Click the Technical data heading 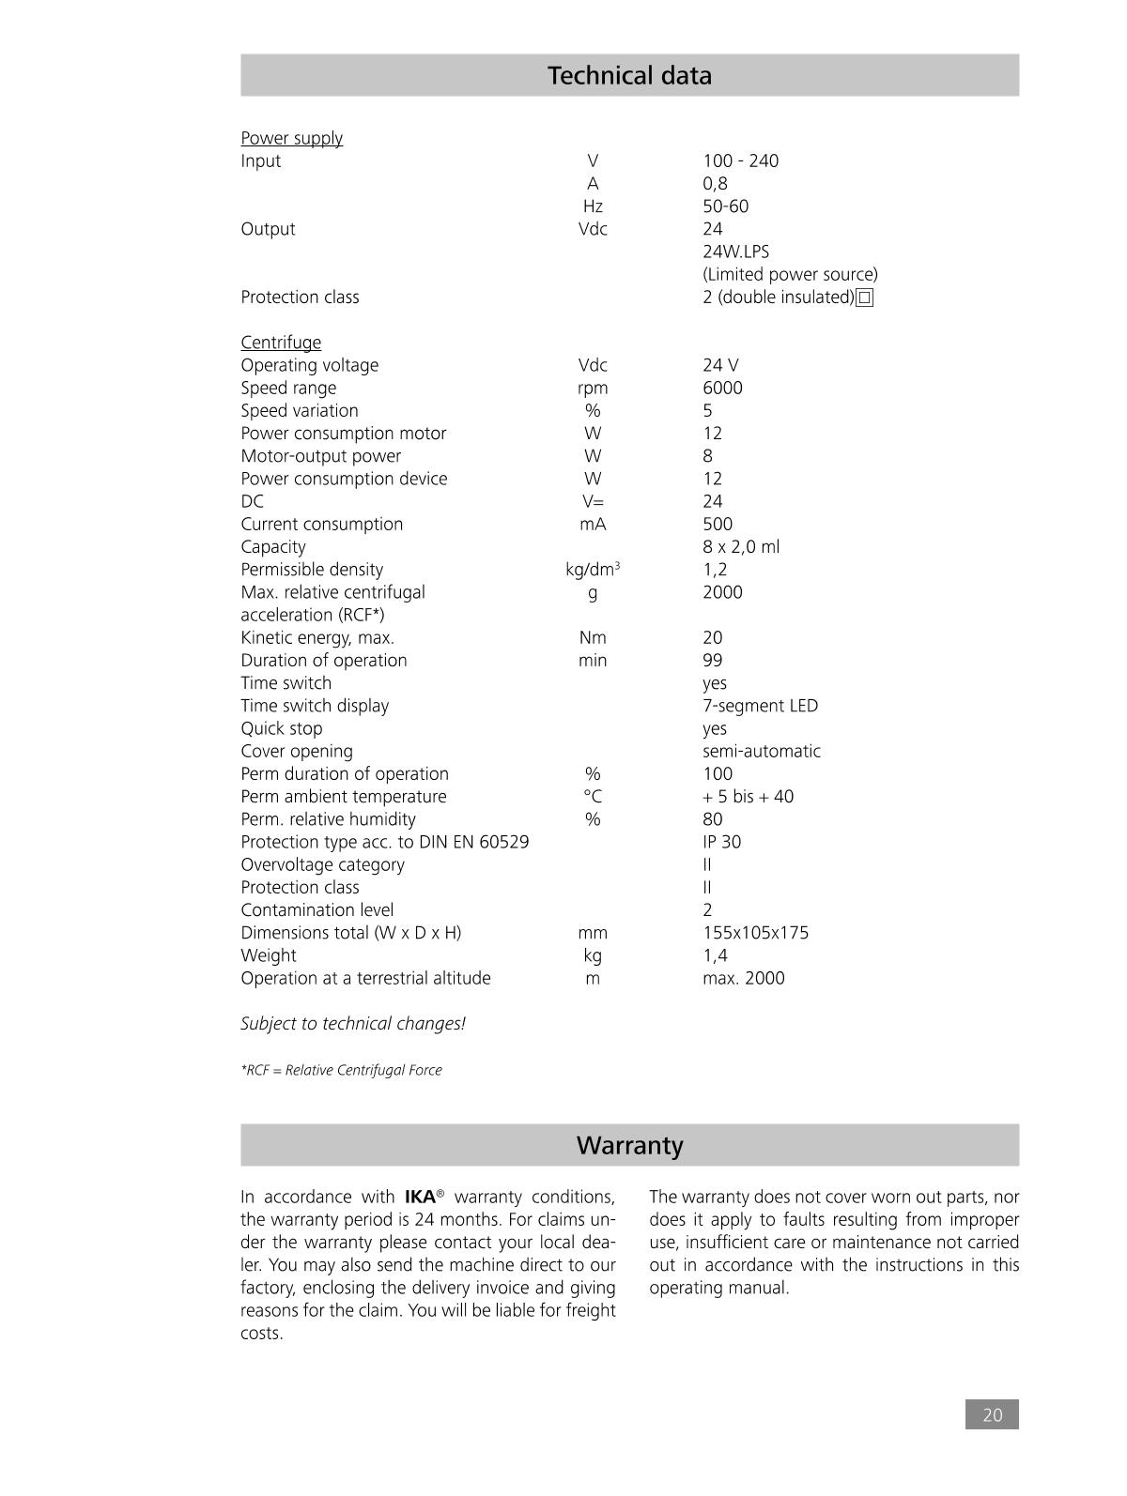629,76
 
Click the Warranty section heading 629,1146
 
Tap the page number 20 992,1415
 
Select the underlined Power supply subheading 291,139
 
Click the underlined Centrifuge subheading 281,343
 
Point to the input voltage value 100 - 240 740,161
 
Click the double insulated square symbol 865,298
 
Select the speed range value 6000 722,389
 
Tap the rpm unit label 593,389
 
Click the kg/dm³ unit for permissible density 593,570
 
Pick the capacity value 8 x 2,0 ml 741,547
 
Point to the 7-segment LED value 760,706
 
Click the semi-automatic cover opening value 761,752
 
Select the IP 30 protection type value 721,842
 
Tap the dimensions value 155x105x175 755,933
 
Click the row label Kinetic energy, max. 317,638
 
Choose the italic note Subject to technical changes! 353,1024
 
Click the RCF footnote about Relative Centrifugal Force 341,1071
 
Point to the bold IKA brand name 420,1198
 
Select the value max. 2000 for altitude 743,979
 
